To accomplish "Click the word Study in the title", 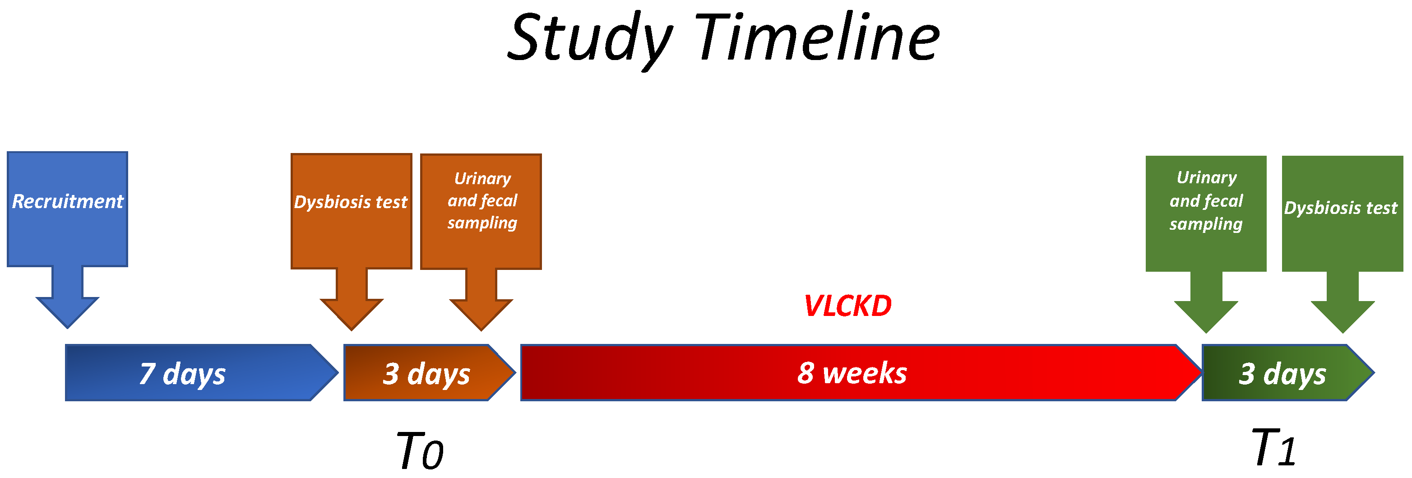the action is click(x=590, y=38).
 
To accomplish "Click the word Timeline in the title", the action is click(x=817, y=37).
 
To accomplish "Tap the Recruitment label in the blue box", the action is click(x=67, y=202).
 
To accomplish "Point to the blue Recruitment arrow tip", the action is click(x=67, y=328).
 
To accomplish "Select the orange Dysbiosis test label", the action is click(x=351, y=202).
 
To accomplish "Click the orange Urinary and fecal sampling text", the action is click(x=482, y=200).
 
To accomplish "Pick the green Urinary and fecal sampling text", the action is click(x=1206, y=200).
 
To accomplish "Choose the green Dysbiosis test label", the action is click(x=1341, y=208).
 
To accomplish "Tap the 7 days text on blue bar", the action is click(x=182, y=374).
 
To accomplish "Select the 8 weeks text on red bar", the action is click(x=852, y=373).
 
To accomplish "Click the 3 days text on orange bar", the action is click(x=426, y=374).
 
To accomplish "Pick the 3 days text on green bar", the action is click(x=1282, y=374).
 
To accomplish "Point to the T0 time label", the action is click(x=419, y=451).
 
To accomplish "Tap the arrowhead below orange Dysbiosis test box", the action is click(x=352, y=315).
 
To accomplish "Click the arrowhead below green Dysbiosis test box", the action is click(x=1343, y=317).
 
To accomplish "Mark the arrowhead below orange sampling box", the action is click(x=481, y=315).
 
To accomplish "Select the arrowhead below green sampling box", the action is click(x=1206, y=317).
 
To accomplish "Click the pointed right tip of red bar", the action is click(x=1202, y=373).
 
